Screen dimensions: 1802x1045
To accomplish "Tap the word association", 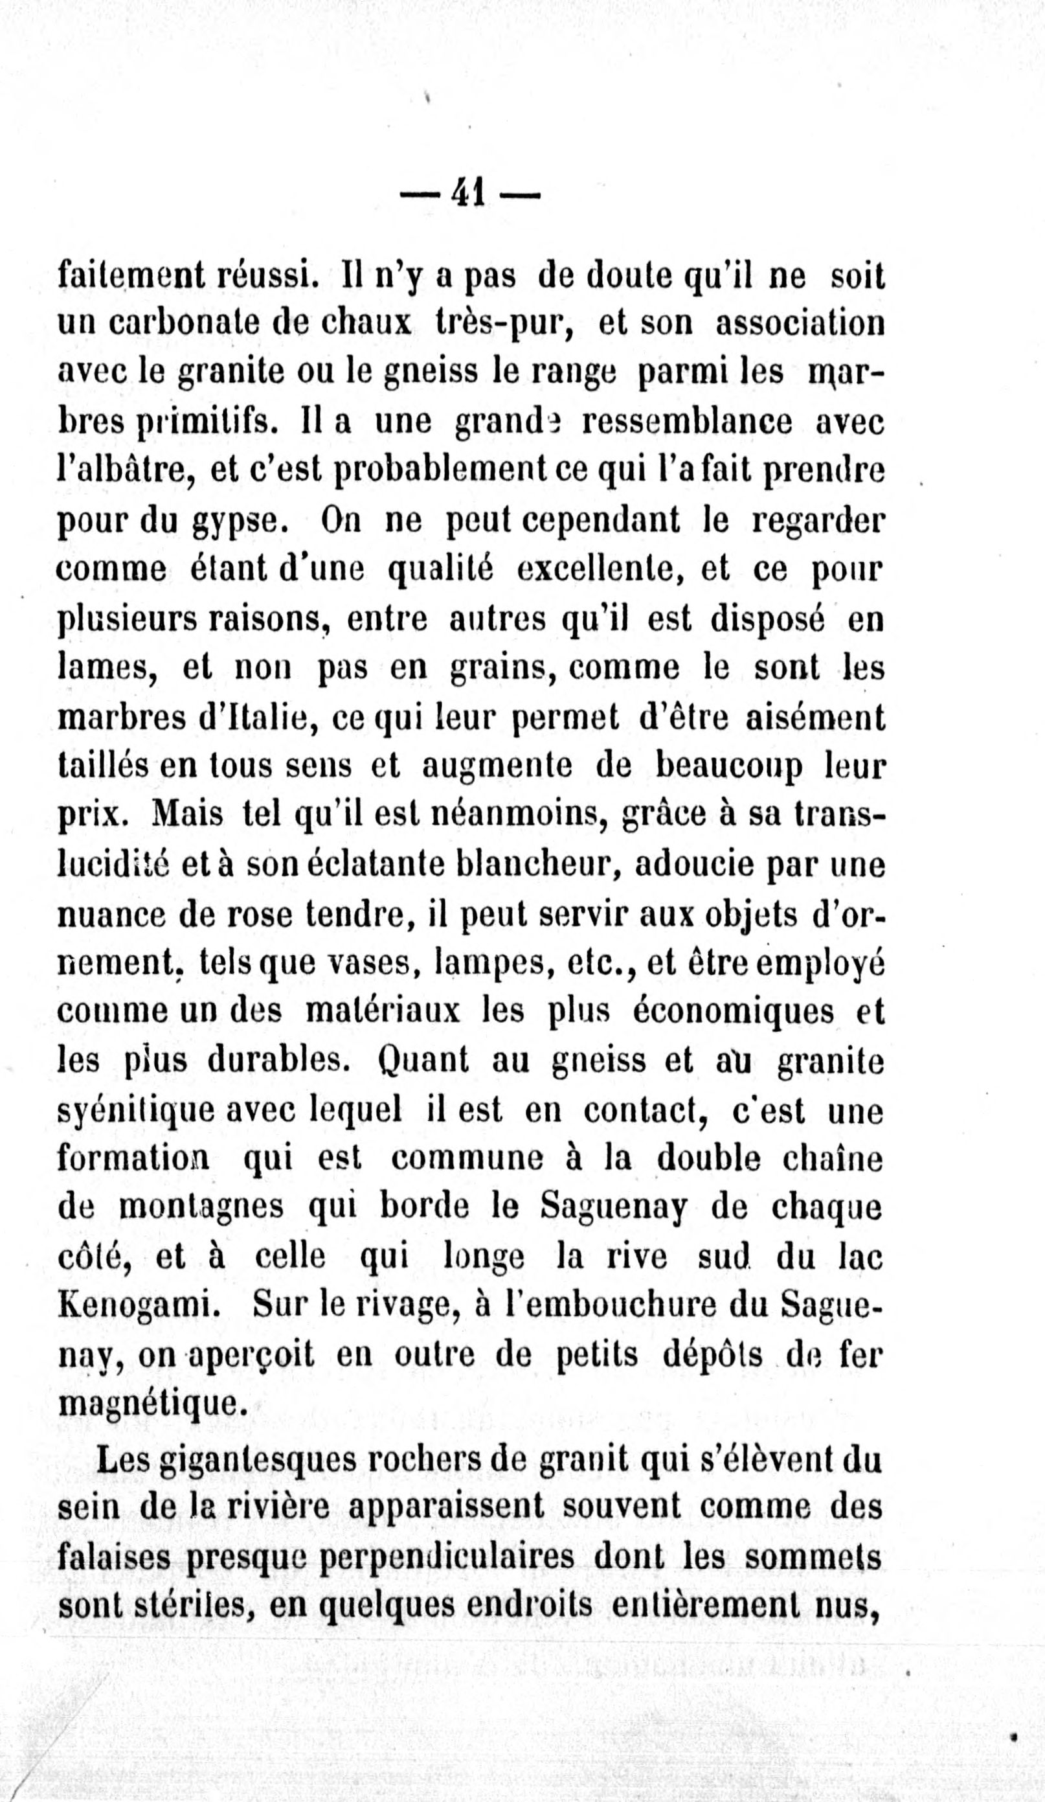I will pos(800,324).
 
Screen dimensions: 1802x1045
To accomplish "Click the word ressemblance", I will pos(687,422).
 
